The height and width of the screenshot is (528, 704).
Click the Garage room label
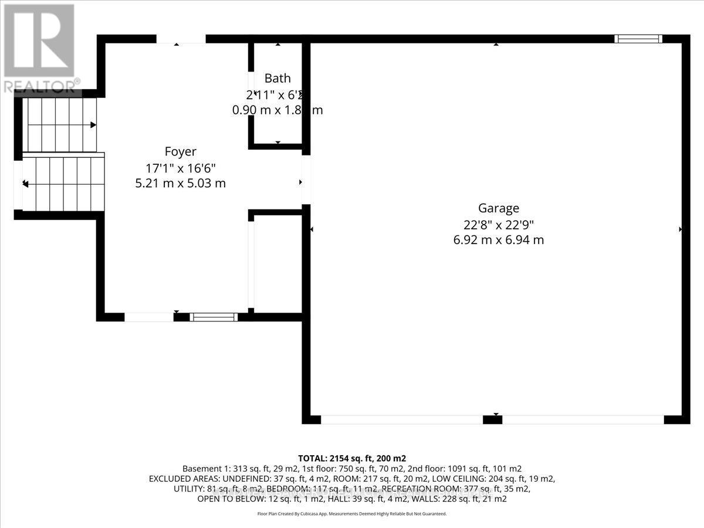point(498,208)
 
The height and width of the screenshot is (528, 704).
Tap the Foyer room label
point(180,152)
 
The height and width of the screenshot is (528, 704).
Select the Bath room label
point(277,78)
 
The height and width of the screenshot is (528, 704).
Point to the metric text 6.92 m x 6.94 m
point(498,239)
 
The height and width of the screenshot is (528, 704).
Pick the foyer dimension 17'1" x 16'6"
point(180,168)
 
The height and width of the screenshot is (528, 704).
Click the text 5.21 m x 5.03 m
point(180,183)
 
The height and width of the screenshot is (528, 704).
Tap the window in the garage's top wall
point(638,39)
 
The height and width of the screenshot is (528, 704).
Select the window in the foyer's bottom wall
point(214,317)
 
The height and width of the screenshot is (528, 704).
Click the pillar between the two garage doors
point(492,419)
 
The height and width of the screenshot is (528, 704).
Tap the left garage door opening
point(401,419)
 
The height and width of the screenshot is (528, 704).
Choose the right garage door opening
point(583,419)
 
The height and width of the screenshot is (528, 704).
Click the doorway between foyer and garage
point(306,180)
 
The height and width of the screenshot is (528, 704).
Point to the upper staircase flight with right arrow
point(59,125)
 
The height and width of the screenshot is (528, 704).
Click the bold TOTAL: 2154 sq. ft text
point(352,458)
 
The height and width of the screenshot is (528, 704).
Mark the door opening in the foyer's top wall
point(181,39)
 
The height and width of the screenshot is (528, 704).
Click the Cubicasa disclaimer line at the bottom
point(352,513)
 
